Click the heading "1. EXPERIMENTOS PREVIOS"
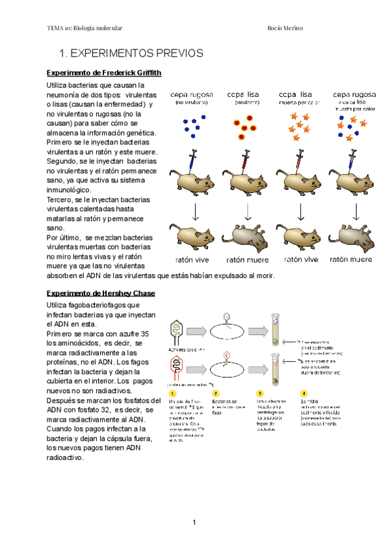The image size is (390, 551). [x=131, y=53]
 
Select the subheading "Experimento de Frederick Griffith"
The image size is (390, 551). [x=104, y=72]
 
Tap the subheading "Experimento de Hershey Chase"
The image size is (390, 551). [x=101, y=293]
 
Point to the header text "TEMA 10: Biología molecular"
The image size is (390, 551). [x=85, y=28]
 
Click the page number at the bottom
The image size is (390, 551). [x=194, y=522]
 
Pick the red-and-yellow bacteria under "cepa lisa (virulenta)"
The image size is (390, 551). [x=245, y=125]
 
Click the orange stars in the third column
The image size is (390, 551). [x=298, y=126]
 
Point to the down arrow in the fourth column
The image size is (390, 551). [x=356, y=211]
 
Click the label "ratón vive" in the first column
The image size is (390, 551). [x=191, y=259]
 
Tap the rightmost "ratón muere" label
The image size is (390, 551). [x=351, y=259]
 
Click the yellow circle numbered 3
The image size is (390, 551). [x=259, y=393]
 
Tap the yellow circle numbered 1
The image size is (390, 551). [x=172, y=393]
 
